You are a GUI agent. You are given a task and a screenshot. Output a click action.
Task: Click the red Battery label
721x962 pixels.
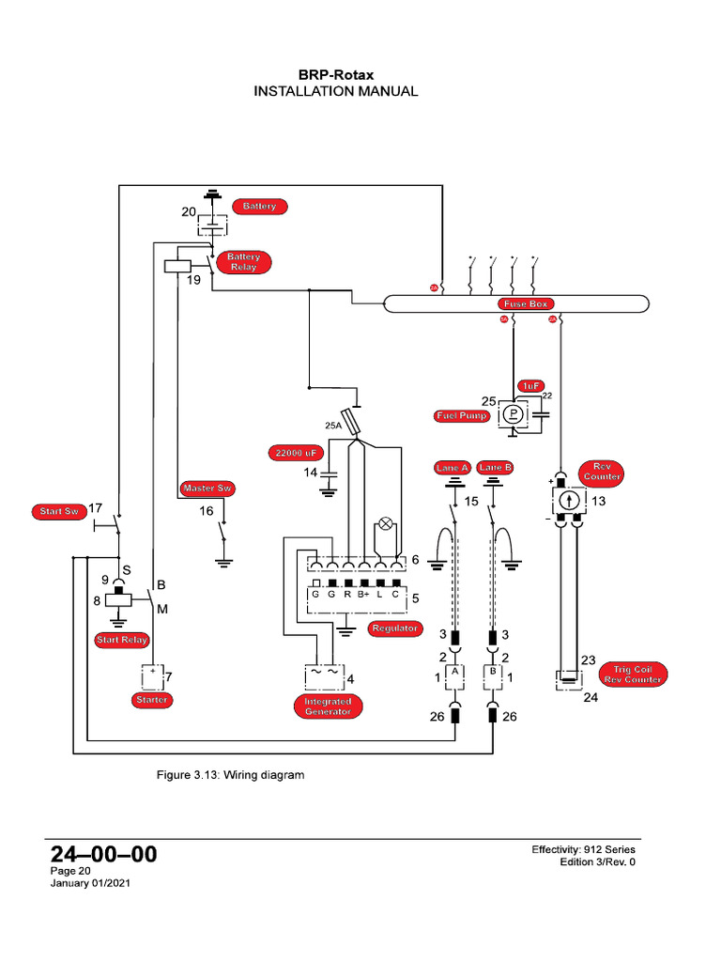(x=260, y=206)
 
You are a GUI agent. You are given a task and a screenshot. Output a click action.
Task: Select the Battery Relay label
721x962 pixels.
(x=243, y=262)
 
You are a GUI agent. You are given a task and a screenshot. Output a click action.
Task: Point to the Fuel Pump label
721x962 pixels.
(x=462, y=415)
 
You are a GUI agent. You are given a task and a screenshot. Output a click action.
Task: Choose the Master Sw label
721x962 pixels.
(x=207, y=489)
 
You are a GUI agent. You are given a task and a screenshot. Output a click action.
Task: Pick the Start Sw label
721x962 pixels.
(x=58, y=512)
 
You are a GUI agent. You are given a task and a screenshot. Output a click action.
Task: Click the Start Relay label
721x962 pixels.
(x=122, y=641)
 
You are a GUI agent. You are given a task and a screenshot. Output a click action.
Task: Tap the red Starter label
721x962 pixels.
(x=152, y=700)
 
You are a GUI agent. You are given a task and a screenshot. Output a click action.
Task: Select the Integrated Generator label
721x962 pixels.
(x=328, y=706)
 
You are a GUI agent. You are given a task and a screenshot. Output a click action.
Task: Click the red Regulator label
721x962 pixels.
(x=393, y=628)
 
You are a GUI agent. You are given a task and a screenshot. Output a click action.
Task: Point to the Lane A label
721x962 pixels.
(x=452, y=467)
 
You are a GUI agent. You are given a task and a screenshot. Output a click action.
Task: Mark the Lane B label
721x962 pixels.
(x=495, y=467)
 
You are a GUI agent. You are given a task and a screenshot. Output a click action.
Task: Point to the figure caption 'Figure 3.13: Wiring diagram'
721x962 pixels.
(x=230, y=776)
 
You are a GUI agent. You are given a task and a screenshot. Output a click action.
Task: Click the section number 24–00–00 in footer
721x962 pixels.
(x=103, y=854)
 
